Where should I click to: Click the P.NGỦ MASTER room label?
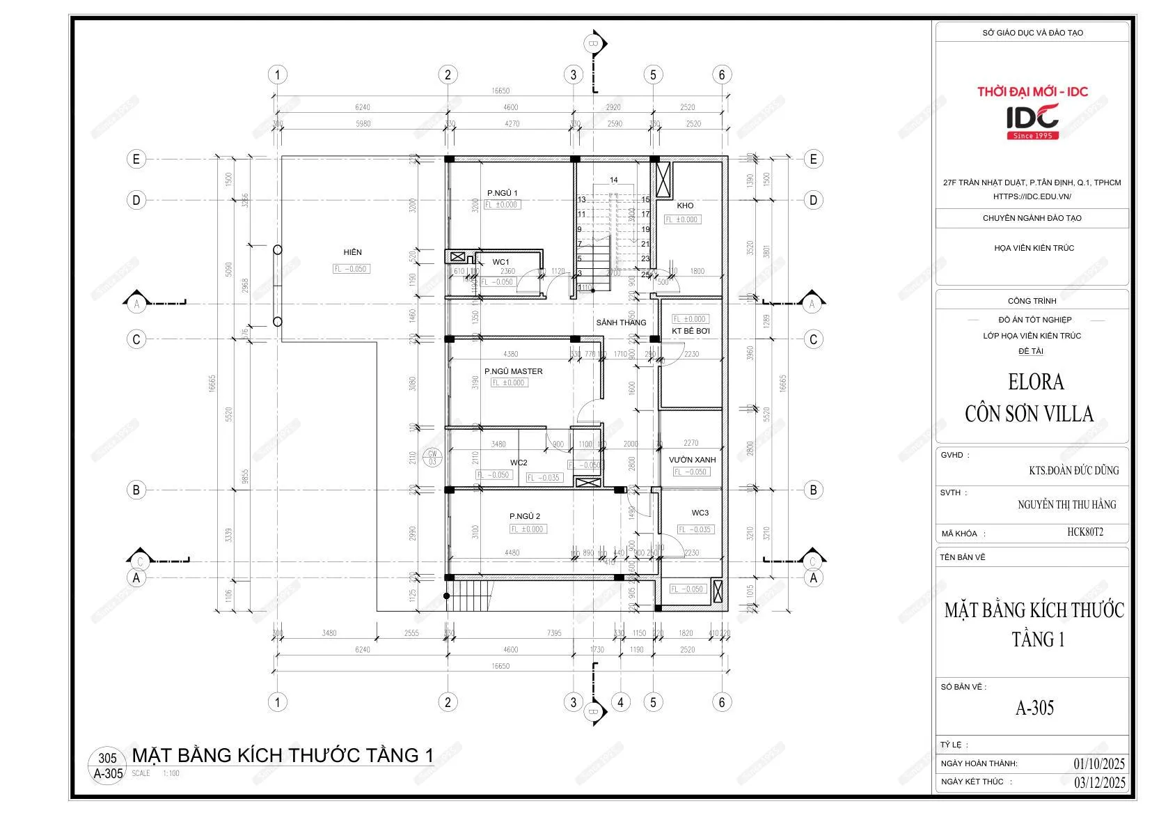(x=513, y=371)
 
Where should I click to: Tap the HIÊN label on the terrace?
(x=352, y=252)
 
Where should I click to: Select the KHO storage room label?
(x=685, y=205)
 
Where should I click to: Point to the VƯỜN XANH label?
(x=692, y=460)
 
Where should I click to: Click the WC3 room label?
(x=700, y=513)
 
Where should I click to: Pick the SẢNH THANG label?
(x=621, y=323)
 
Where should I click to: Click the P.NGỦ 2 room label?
(x=525, y=516)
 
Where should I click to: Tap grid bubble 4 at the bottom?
(x=620, y=702)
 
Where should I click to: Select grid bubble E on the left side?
(x=136, y=159)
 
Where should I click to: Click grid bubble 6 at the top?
(x=722, y=75)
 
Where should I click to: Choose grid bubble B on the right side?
(x=813, y=490)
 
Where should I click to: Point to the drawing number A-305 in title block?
(x=1034, y=708)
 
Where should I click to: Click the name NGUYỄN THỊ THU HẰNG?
(x=1066, y=504)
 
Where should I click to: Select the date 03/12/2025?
(x=1099, y=782)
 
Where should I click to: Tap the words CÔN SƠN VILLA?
(x=1029, y=414)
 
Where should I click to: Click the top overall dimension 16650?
(x=500, y=91)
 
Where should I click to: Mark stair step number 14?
(x=613, y=180)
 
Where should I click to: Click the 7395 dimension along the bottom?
(x=554, y=633)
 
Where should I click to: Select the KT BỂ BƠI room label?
(x=691, y=331)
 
